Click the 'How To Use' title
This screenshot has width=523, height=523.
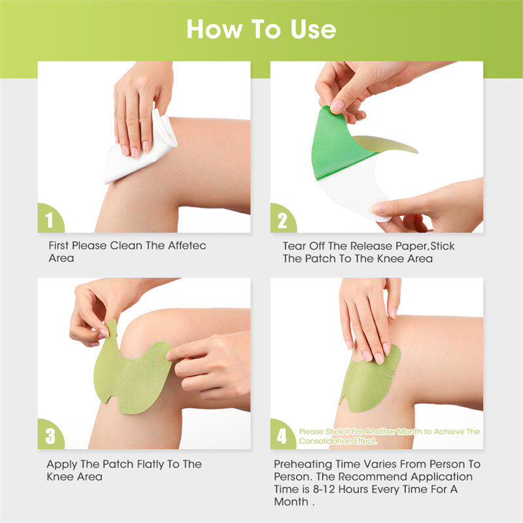click(261, 29)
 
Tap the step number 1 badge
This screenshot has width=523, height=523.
click(50, 220)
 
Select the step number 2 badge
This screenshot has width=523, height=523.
click(282, 220)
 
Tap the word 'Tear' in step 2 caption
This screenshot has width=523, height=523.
click(294, 246)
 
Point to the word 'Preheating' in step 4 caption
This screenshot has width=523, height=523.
click(305, 464)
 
